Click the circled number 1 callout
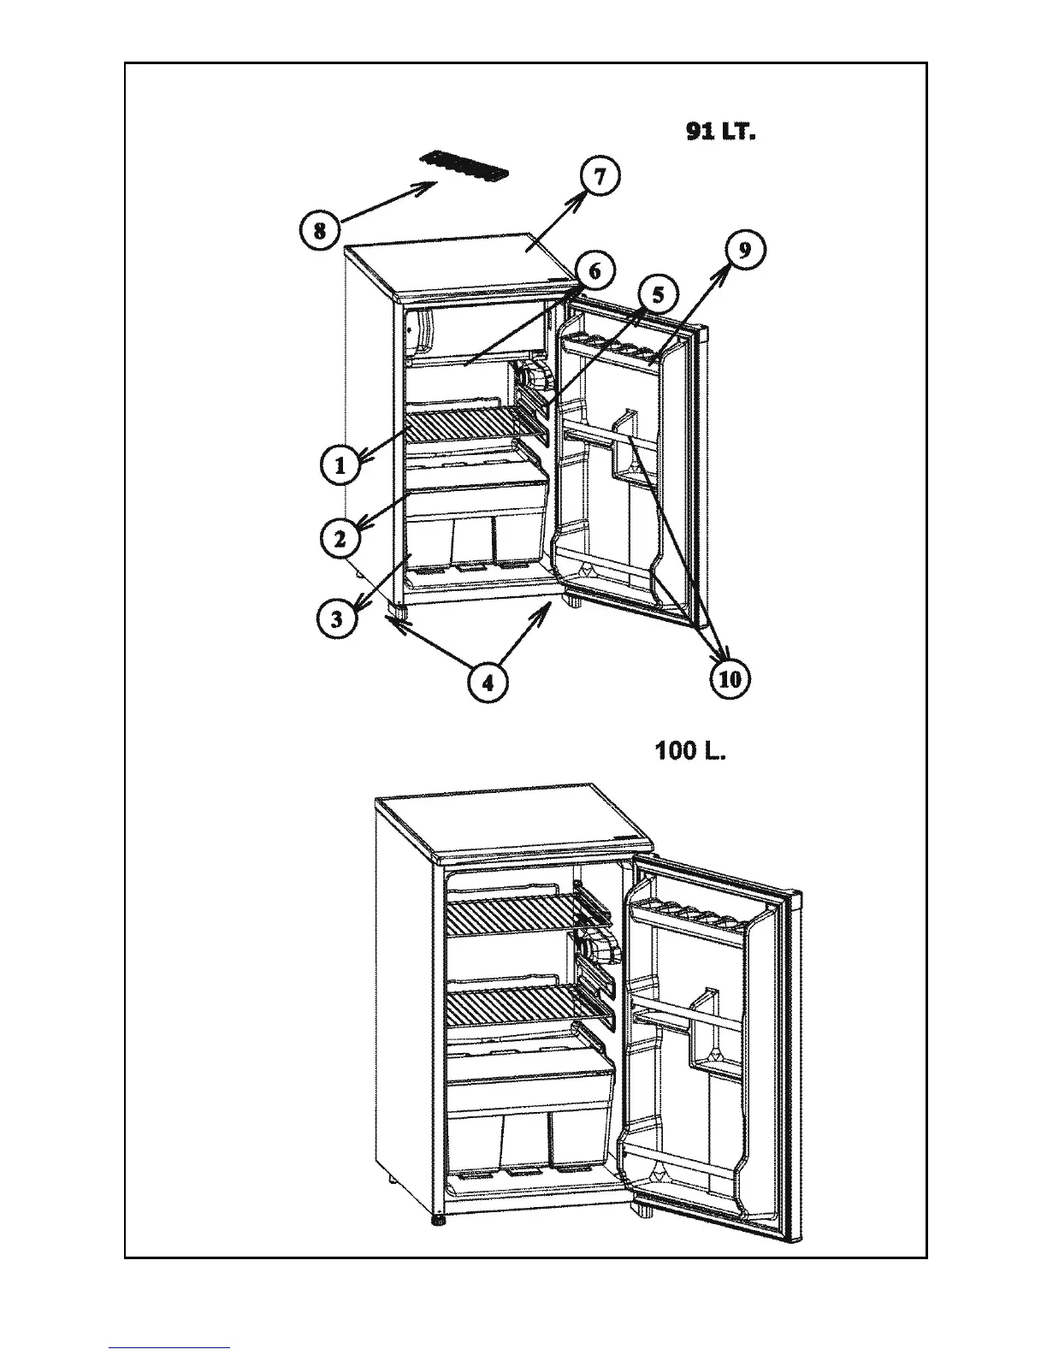click(x=340, y=466)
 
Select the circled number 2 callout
click(x=340, y=539)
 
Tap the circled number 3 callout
click(x=337, y=618)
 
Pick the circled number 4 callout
click(x=488, y=683)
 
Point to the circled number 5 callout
click(x=657, y=295)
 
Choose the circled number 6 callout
click(x=594, y=271)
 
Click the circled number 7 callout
click(x=599, y=177)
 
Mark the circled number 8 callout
click(x=319, y=230)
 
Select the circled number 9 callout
click(x=744, y=250)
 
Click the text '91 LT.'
click(x=720, y=133)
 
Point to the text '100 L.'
click(x=689, y=752)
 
